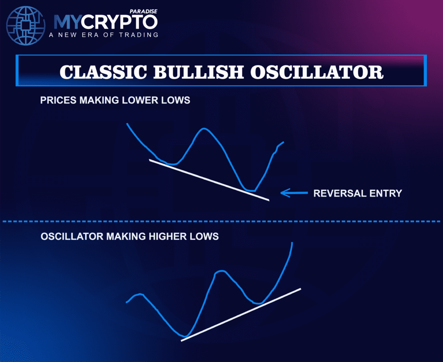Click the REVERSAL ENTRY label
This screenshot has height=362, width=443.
pos(357,193)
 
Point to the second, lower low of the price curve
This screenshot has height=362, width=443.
pos(250,190)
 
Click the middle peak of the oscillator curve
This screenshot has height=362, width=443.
pos(220,271)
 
